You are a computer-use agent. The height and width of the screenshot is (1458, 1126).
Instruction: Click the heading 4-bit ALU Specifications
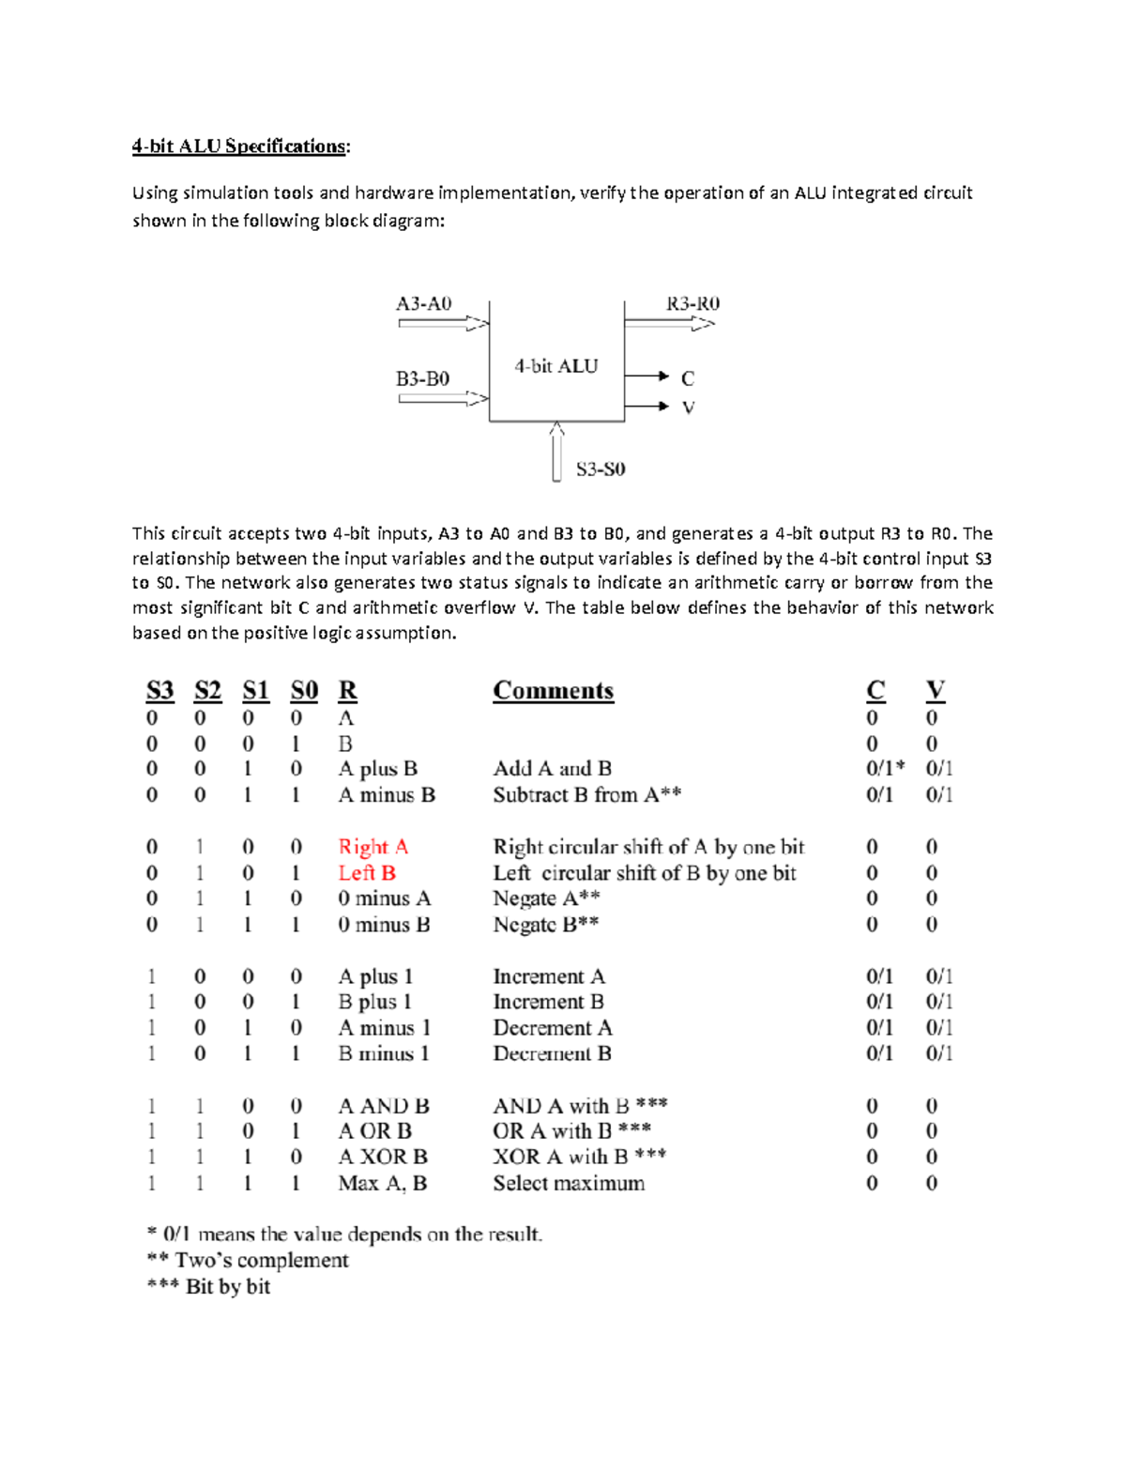click(x=240, y=146)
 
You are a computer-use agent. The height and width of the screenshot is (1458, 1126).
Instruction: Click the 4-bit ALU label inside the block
click(x=555, y=366)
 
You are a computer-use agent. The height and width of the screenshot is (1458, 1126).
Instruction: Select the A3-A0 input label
click(x=423, y=303)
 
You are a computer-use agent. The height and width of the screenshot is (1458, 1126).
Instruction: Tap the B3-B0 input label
click(x=422, y=378)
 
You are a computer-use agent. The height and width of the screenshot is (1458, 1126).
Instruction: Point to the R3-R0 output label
click(x=692, y=303)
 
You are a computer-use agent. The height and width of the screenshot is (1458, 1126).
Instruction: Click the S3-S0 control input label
click(x=601, y=468)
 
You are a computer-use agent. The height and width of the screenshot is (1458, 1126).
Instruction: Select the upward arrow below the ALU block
click(x=557, y=452)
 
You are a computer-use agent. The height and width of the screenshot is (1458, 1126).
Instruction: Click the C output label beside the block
click(x=688, y=378)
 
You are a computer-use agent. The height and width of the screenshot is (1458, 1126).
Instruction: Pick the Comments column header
click(x=553, y=691)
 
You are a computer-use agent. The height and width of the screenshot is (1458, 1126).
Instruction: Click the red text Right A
click(x=373, y=847)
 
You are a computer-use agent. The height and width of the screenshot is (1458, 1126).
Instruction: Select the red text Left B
click(x=367, y=873)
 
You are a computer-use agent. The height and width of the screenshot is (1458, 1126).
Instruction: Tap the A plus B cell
click(x=377, y=769)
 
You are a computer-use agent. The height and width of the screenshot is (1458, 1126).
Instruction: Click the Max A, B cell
click(x=382, y=1183)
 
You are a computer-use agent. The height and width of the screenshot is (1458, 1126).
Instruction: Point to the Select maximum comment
click(x=569, y=1183)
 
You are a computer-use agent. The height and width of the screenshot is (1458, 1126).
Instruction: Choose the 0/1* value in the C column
click(x=885, y=769)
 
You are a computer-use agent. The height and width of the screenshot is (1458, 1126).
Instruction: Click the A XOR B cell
click(x=382, y=1157)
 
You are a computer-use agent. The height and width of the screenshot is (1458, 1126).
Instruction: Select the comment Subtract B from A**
click(x=586, y=795)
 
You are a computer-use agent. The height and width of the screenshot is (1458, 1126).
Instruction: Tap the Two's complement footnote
click(x=248, y=1261)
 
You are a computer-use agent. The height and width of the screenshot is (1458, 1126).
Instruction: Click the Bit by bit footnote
click(x=208, y=1287)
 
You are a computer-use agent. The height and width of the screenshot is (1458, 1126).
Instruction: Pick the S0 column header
click(x=304, y=691)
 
